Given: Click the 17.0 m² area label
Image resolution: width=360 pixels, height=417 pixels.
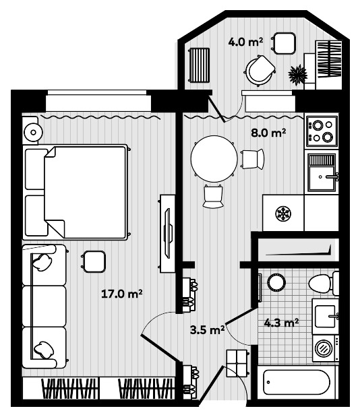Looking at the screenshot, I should (121, 293).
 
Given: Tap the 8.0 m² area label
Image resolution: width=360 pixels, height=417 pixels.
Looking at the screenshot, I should (268, 133).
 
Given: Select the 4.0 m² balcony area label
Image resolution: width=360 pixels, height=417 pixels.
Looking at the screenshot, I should (245, 42).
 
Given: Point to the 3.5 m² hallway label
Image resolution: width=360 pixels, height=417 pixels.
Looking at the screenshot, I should (207, 329).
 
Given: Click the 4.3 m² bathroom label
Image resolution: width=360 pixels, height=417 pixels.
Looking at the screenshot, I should (282, 323).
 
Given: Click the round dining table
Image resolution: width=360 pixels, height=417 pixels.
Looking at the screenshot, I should (214, 159).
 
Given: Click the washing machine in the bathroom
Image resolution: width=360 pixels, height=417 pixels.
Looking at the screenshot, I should (324, 349).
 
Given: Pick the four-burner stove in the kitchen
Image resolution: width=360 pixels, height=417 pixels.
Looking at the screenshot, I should (322, 131).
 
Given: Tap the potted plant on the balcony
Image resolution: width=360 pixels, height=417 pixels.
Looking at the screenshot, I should (297, 73).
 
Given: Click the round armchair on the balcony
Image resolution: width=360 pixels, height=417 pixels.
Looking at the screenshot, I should (260, 69).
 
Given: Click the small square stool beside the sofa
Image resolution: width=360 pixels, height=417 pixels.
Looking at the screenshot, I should (94, 261).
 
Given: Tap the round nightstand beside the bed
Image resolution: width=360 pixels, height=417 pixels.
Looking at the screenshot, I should (30, 131).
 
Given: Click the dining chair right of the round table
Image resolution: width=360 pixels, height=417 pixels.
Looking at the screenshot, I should (253, 159).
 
